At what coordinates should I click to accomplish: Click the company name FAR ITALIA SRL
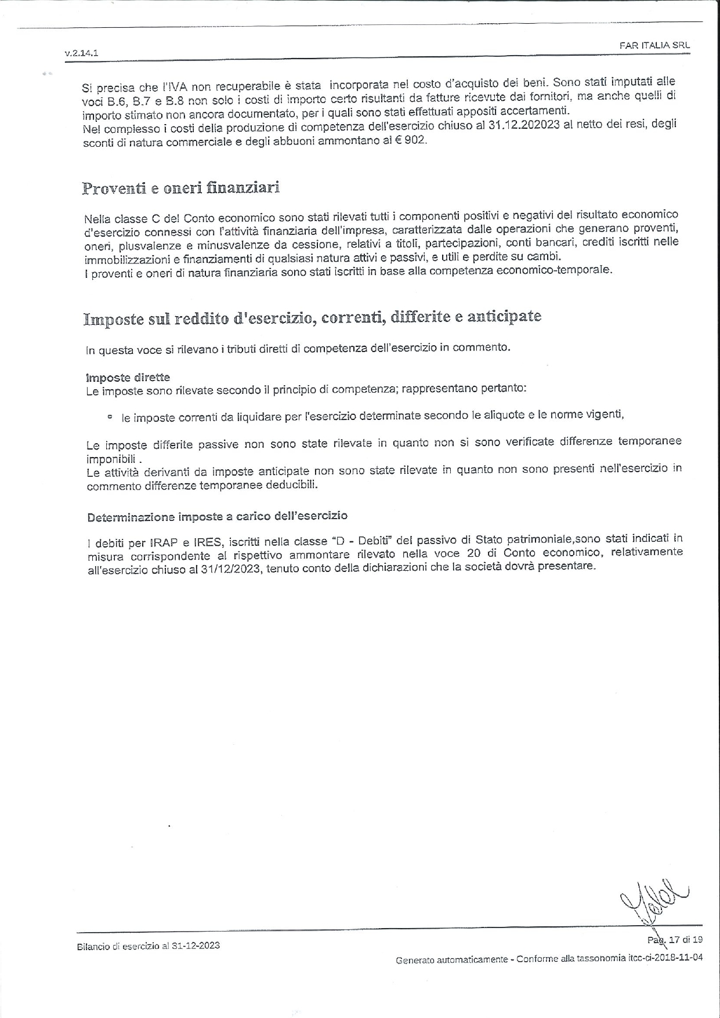[x=654, y=45]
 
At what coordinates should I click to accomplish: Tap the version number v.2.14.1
[x=82, y=53]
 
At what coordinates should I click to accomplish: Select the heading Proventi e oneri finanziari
[x=181, y=189]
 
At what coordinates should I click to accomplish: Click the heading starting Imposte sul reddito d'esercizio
[x=312, y=317]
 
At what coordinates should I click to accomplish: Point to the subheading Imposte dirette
[x=128, y=378]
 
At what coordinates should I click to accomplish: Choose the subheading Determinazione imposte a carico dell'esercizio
[x=217, y=516]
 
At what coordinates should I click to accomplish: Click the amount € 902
[x=413, y=141]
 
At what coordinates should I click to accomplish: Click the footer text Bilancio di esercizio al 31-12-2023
[x=148, y=945]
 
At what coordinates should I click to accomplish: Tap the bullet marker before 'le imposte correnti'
[x=110, y=417]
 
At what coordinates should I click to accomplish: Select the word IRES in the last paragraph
[x=208, y=543]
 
